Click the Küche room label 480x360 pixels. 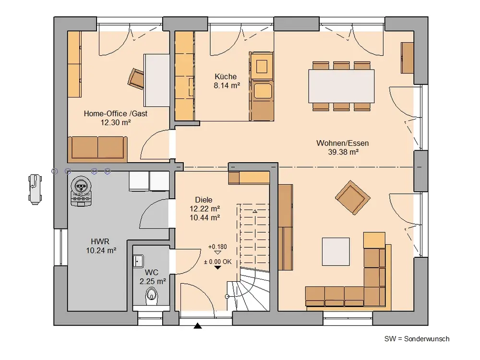[x=226, y=76]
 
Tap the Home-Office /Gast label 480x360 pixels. [x=116, y=114]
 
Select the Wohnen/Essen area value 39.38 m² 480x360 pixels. [x=344, y=152]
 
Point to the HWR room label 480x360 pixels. [x=100, y=241]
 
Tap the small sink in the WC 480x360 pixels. [x=138, y=261]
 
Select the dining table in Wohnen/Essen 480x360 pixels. [x=341, y=86]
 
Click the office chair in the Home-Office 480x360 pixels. [x=136, y=79]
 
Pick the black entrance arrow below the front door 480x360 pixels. [x=198, y=326]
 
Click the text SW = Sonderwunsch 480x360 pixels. [x=417, y=339]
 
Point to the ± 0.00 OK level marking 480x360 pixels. [x=217, y=262]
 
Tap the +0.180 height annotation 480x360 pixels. [x=217, y=247]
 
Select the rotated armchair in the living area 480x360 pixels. [x=353, y=197]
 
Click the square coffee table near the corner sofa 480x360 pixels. [x=336, y=252]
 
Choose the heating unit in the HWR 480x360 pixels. [x=82, y=192]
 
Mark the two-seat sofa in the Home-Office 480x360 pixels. [x=97, y=149]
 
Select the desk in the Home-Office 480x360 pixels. [x=157, y=80]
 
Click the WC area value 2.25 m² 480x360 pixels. [x=153, y=281]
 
